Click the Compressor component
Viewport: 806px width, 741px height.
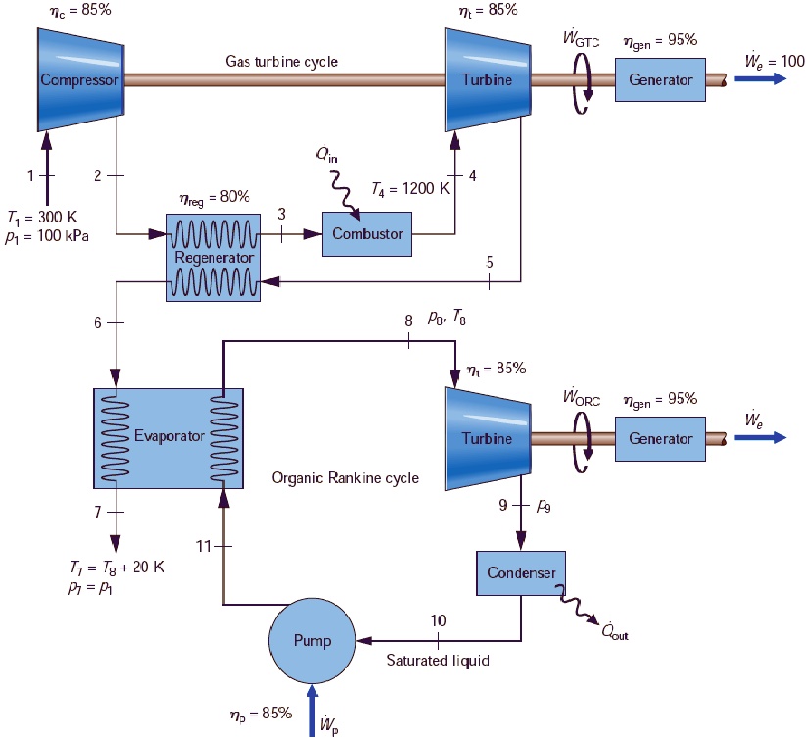(79, 79)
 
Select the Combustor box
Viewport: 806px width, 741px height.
(367, 233)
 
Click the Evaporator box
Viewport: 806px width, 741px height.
(168, 436)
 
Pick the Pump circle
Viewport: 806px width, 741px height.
(312, 640)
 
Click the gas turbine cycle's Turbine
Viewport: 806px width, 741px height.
(487, 79)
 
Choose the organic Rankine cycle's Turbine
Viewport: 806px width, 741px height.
(487, 438)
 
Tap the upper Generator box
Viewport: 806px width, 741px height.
(660, 79)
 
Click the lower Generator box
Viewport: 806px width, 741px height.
(660, 438)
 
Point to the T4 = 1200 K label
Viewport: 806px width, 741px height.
(408, 189)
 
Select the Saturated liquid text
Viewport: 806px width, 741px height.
(438, 660)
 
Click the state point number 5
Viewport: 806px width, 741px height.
(490, 262)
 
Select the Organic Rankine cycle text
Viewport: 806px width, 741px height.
(346, 478)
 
